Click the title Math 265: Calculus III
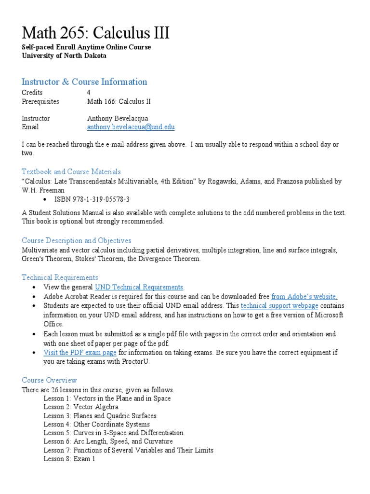[95, 33]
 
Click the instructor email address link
[131, 127]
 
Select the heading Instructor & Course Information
[84, 82]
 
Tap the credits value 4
[89, 92]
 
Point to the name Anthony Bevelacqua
[118, 118]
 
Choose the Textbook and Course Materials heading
[71, 171]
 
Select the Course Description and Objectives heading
[76, 240]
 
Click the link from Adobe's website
[304, 296]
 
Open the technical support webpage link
[279, 306]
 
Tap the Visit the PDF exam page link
[80, 352]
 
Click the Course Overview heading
[49, 380]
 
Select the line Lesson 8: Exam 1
[69, 459]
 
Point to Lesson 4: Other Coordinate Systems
[96, 425]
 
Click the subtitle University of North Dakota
[64, 55]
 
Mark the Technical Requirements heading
[60, 277]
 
